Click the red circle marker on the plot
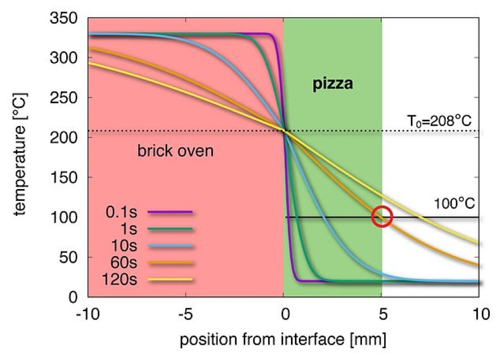[382, 216]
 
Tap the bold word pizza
[332, 85]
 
